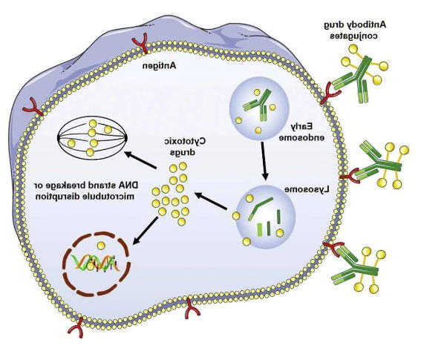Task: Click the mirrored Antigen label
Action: (159, 66)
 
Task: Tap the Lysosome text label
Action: (307, 190)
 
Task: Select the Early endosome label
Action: (302, 132)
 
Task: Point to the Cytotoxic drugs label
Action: (185, 146)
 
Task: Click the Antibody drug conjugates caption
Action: (354, 30)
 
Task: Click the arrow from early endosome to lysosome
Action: (264, 161)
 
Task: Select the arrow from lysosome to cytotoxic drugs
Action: (211, 200)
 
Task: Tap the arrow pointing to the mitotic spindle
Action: (140, 160)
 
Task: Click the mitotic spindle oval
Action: (92, 138)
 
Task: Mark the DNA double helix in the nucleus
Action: (95, 263)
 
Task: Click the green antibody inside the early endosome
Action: (257, 104)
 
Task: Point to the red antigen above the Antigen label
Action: (140, 43)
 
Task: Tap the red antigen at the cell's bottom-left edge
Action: (77, 327)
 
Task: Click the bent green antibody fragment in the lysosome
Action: (259, 208)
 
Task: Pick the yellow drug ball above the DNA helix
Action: (101, 246)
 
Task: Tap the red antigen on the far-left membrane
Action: (33, 107)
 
